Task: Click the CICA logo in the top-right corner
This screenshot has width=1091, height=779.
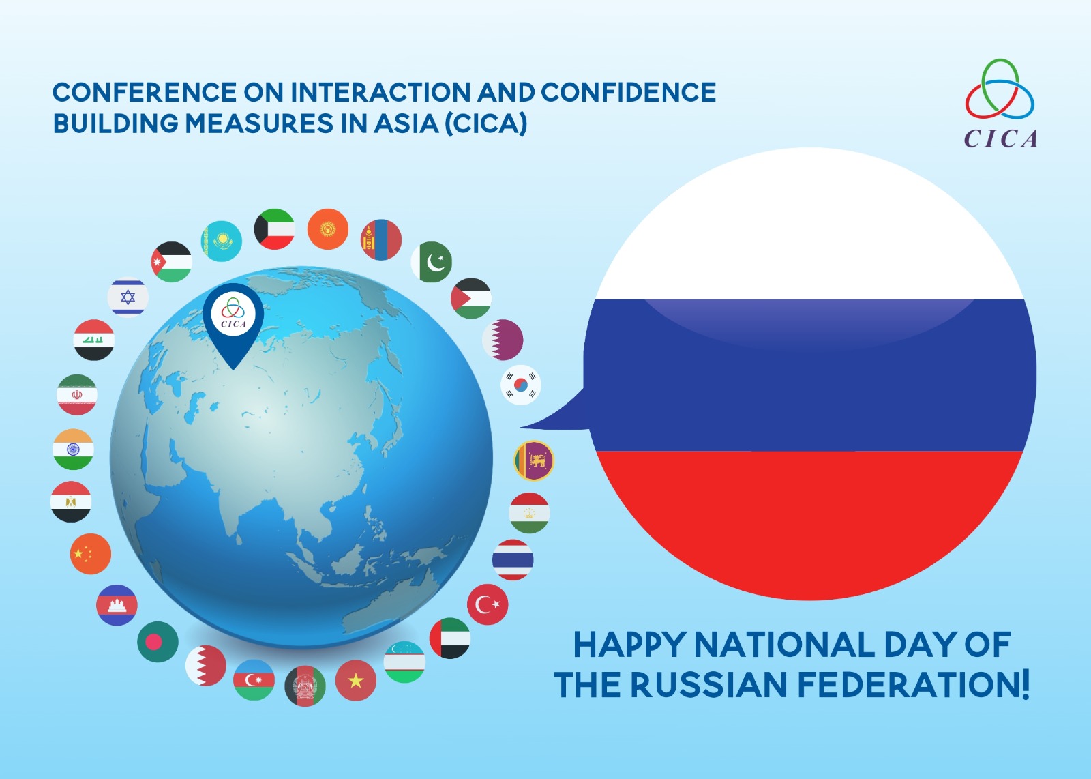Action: pos(1000,103)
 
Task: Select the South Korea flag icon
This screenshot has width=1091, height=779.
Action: pos(521,385)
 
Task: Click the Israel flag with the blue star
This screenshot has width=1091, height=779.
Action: pos(128,297)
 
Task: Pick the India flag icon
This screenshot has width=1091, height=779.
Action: pos(73,449)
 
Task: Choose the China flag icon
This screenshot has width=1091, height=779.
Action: pos(91,554)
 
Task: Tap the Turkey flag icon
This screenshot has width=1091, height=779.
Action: pos(488,604)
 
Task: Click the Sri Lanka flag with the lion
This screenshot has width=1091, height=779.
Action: pos(534,460)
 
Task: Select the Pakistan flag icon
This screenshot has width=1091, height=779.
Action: pos(432,262)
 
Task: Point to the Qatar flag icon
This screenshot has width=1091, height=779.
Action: pos(503,340)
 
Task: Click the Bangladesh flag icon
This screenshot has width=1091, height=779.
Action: pos(158,642)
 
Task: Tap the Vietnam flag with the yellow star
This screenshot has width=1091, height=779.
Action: pos(356,681)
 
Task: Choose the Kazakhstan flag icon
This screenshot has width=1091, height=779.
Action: pos(222,241)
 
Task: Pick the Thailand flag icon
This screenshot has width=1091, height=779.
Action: pos(513,560)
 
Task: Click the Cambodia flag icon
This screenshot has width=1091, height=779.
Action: pos(117,604)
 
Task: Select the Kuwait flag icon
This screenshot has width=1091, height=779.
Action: pos(274,229)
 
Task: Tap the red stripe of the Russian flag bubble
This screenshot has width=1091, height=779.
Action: pos(809,521)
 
